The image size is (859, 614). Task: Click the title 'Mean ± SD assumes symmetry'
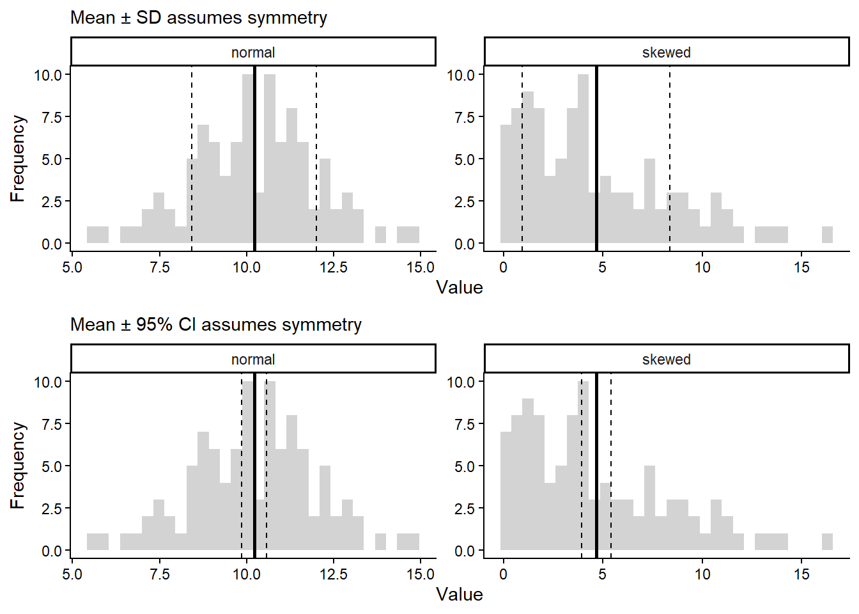pos(198,18)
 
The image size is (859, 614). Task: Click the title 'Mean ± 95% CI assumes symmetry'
pos(215,325)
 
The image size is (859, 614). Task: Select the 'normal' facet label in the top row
pos(253,52)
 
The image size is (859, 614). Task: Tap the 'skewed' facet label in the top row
pos(666,52)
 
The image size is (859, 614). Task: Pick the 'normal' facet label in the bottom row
pos(253,359)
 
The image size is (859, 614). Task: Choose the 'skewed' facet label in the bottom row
pos(666,359)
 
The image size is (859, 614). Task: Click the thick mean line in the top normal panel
pos(254,160)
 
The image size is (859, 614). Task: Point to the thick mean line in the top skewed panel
pos(596,160)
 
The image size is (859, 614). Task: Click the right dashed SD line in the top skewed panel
pos(670,128)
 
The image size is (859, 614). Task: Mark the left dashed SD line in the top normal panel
pos(192,128)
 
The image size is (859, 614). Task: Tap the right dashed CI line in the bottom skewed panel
pos(611,448)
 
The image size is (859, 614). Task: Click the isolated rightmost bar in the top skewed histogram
pos(827,235)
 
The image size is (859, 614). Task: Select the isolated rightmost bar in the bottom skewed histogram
pos(827,542)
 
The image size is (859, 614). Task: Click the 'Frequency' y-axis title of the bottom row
pos(17,465)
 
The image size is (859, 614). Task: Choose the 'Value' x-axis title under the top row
pos(459,287)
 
